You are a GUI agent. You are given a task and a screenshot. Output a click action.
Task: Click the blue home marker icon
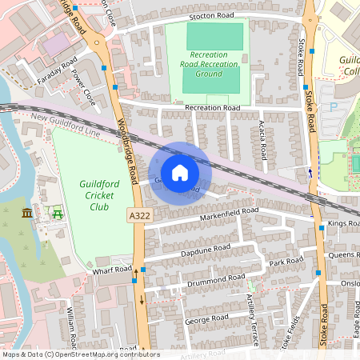point(180,173)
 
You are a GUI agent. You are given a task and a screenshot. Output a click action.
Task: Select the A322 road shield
point(138,215)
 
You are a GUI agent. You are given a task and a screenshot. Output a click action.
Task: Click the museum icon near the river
point(28,214)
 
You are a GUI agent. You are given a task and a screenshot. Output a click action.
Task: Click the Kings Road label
point(344,223)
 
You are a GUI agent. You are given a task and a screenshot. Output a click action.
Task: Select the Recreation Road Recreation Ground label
point(202,64)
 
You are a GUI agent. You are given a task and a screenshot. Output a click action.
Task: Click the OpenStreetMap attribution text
point(80,354)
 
